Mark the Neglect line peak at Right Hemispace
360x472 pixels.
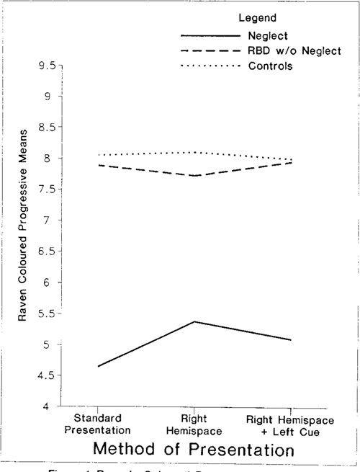point(194,321)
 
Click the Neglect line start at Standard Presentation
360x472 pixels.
point(98,366)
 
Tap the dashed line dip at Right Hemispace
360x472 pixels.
point(194,176)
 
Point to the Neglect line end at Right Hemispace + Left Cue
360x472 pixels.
point(291,339)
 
